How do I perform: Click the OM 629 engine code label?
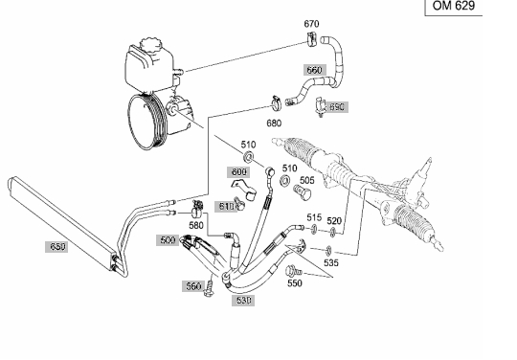tap(454, 6)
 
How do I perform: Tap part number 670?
tap(311, 24)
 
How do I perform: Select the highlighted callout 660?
tap(315, 70)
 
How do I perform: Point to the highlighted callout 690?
tap(337, 107)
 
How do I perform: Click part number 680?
tap(274, 124)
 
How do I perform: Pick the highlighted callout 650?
tap(56, 247)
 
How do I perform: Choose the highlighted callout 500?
tap(168, 240)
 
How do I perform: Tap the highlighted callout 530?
tap(243, 301)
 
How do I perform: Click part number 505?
tap(307, 180)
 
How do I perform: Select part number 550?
tap(295, 283)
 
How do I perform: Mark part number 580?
tap(196, 226)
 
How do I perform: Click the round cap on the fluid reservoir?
tap(150, 44)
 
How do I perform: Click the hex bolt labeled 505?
tap(302, 192)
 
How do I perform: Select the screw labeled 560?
tap(209, 288)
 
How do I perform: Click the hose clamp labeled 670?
tap(312, 39)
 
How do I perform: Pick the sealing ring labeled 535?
tap(328, 251)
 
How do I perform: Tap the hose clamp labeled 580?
tap(197, 210)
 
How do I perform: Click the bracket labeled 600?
tap(244, 189)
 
